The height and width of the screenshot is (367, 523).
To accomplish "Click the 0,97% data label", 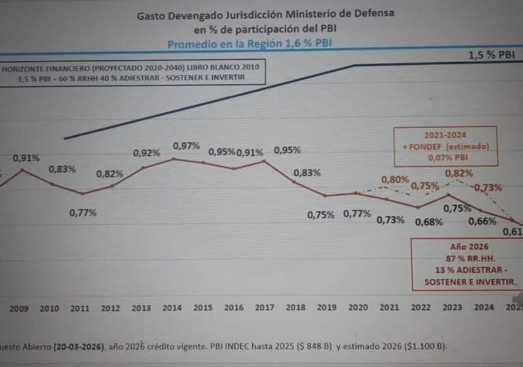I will tap(187, 146).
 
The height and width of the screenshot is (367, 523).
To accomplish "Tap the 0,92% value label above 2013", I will tap(146, 153).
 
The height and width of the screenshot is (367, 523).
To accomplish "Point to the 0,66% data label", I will tap(483, 221).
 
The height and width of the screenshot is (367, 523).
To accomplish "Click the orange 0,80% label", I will tap(395, 180).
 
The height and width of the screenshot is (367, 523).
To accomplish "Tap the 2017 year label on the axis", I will tap(265, 308).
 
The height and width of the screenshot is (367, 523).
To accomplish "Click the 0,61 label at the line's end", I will tap(512, 232).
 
